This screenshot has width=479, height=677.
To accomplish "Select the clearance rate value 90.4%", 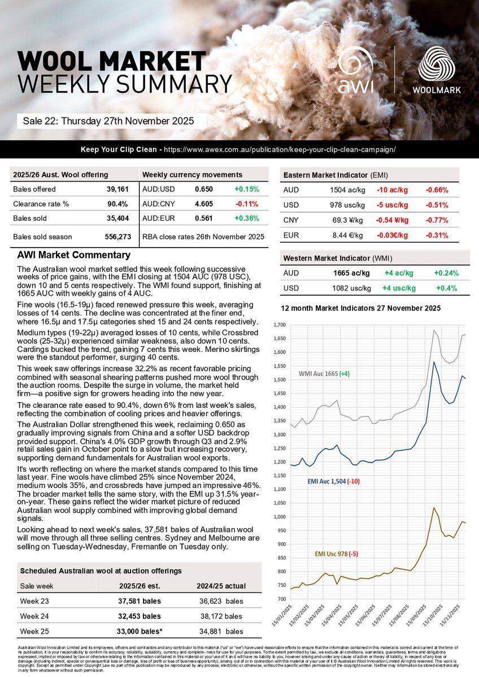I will coord(117,204).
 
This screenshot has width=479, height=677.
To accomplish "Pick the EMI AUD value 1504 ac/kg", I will coord(347,190).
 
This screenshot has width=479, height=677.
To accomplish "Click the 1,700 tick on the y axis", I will coord(279,325).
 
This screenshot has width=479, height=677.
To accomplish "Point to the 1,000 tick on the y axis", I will coord(279,517).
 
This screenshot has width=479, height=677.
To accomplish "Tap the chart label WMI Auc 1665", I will coord(326,373).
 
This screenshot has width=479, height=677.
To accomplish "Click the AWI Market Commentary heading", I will coord(74,255).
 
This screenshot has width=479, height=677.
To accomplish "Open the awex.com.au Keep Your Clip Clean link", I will coord(278,150).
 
